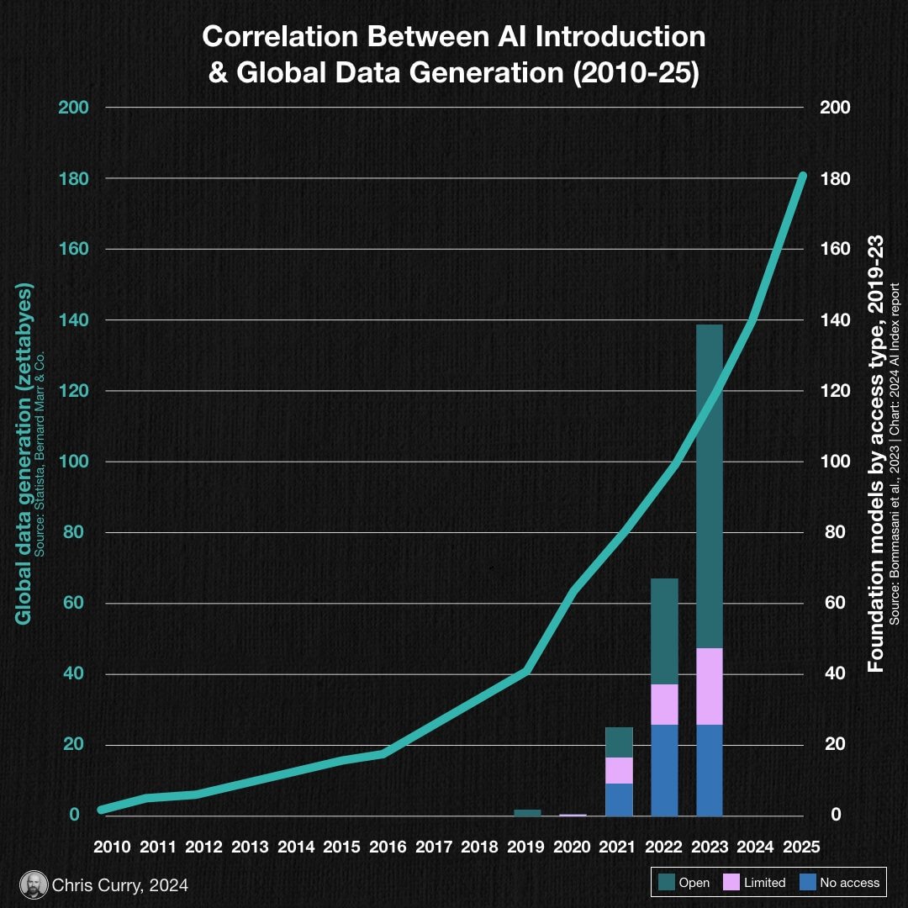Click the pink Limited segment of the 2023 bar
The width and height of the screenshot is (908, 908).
click(710, 686)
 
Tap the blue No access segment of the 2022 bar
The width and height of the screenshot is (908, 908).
click(664, 770)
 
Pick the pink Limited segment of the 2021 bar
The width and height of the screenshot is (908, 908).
click(619, 770)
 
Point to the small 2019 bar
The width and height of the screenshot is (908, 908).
click(527, 813)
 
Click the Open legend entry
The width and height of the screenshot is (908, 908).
click(684, 883)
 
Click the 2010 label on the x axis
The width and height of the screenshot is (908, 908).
click(112, 847)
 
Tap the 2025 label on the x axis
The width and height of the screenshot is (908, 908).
click(800, 847)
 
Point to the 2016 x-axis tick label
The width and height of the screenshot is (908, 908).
click(388, 847)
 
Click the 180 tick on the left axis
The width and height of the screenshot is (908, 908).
click(69, 179)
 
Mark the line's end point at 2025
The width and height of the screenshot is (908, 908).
click(802, 176)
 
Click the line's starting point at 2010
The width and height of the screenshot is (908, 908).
click(102, 810)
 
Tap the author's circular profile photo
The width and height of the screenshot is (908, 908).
click(33, 884)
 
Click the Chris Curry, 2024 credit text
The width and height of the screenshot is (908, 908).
click(120, 885)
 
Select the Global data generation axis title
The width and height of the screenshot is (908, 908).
click(24, 454)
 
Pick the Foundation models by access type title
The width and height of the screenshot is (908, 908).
click(876, 454)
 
